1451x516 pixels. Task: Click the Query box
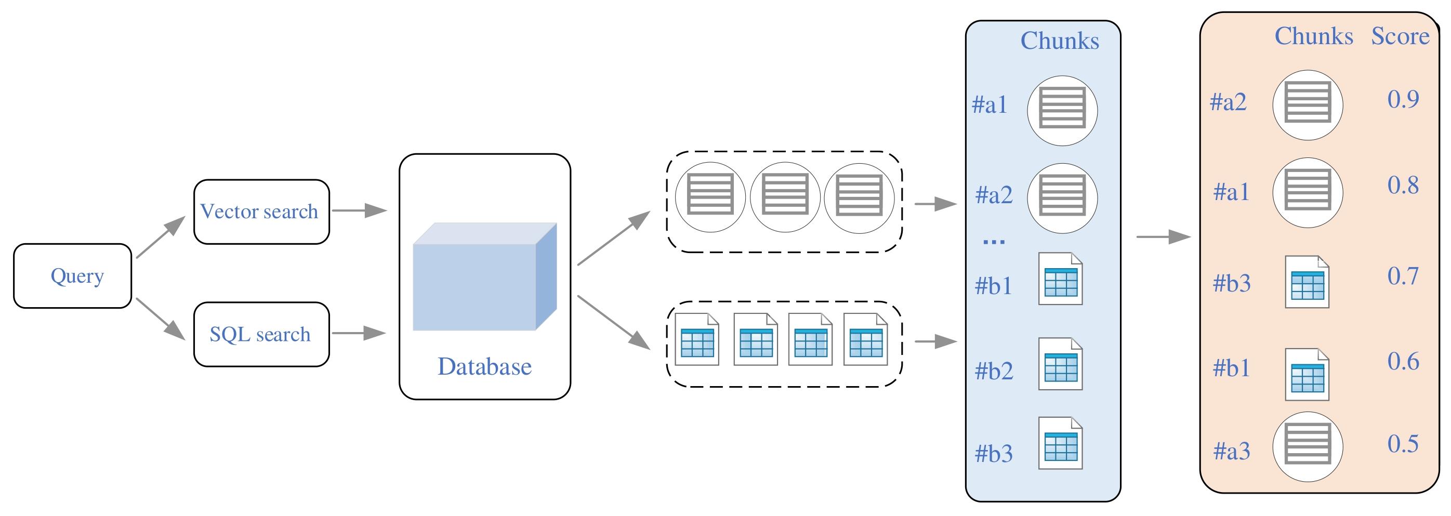tap(73, 276)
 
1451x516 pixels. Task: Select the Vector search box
tap(261, 212)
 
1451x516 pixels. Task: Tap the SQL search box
tap(261, 335)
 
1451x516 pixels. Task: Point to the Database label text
tap(484, 367)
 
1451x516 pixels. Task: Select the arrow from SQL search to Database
tap(358, 334)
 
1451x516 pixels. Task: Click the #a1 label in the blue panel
tap(990, 105)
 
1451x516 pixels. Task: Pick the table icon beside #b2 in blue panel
tap(1060, 364)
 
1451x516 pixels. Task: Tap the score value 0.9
tap(1403, 100)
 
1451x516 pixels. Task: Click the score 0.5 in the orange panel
tap(1403, 444)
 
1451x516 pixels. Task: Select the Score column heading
tap(1400, 36)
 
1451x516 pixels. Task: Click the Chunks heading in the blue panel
tap(1060, 41)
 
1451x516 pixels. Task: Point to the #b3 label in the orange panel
tap(1231, 283)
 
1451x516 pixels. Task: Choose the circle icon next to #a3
tap(1308, 447)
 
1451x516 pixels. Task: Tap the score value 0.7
tap(1403, 276)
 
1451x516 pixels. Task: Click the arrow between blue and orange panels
tap(1163, 237)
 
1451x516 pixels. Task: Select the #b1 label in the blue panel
tap(993, 286)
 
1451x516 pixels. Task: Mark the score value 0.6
tap(1403, 362)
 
